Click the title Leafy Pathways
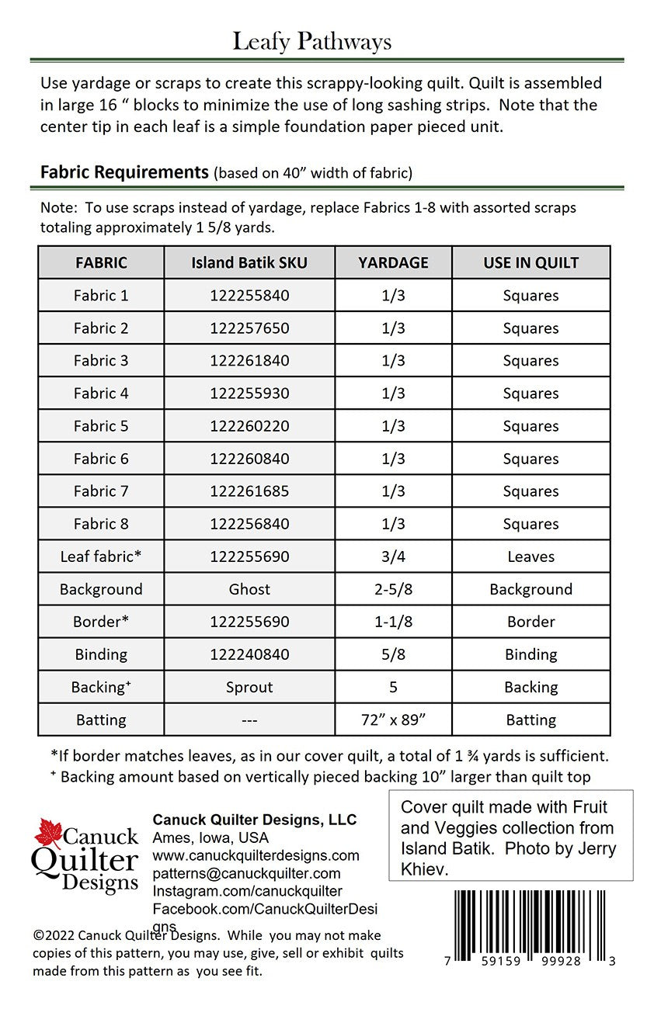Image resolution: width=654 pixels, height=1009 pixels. tap(311, 41)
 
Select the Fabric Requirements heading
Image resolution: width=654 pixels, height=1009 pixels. tap(124, 172)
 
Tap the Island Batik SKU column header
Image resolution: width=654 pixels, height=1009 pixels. tap(249, 263)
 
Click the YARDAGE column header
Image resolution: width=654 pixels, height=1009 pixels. tap(393, 263)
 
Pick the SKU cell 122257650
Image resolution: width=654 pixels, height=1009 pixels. tap(249, 328)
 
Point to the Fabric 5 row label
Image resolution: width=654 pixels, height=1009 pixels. tap(101, 426)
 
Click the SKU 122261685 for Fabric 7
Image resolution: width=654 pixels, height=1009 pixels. tap(249, 491)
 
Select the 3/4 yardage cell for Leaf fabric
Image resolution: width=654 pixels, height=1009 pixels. tap(393, 557)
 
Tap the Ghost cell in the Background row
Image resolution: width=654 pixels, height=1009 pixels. tap(249, 589)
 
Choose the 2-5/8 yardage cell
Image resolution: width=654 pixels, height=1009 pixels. tap(393, 589)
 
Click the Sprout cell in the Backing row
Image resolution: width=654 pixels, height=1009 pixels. tap(249, 687)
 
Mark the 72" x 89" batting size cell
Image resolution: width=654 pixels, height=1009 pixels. tap(393, 719)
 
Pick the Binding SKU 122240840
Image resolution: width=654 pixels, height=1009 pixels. tap(249, 654)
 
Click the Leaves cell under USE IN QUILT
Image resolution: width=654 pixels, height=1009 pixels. tap(531, 557)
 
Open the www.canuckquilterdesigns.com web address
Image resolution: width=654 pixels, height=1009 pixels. tap(256, 855)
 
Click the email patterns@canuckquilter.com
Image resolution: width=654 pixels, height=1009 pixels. tap(246, 873)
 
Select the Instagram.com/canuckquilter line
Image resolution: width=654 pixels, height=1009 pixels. tap(247, 891)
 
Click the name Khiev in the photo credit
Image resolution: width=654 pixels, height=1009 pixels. tap(425, 869)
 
